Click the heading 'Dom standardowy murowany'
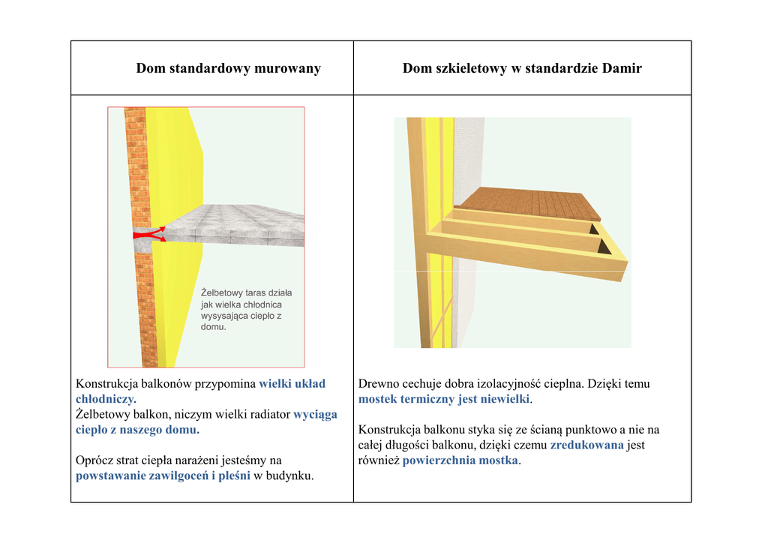[x=228, y=69]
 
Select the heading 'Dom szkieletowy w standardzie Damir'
[x=522, y=69]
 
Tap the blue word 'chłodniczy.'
[x=106, y=399]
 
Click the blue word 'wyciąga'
[x=315, y=414]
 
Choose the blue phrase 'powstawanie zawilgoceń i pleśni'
[x=163, y=475]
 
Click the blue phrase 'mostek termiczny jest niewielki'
[x=444, y=399]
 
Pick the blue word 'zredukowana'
[x=586, y=445]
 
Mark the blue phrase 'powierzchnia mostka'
[x=460, y=460]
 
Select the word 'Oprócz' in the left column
[x=94, y=460]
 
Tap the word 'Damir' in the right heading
[x=622, y=69]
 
